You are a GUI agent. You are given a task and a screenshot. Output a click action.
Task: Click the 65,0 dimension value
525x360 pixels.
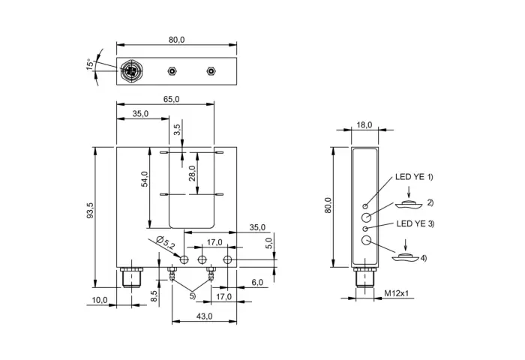point(172,100)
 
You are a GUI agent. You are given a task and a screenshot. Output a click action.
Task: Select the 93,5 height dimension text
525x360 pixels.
point(91,210)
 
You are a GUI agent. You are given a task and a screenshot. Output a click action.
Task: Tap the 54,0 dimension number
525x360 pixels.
point(144,178)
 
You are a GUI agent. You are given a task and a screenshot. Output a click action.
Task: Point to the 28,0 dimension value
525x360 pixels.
point(192,173)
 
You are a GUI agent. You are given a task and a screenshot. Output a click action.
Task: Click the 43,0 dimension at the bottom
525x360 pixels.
point(204,316)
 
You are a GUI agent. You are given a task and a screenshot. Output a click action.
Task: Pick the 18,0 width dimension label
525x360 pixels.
point(364,125)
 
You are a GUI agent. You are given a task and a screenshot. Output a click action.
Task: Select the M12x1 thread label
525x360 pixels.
point(397,294)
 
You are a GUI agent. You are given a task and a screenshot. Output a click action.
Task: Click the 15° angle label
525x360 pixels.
point(90,64)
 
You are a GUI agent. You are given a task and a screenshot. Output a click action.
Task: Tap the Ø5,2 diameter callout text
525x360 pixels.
point(166,243)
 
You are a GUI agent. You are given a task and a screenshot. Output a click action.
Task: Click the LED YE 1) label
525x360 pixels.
point(414,177)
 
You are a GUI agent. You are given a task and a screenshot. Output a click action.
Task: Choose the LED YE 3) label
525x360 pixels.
point(415,223)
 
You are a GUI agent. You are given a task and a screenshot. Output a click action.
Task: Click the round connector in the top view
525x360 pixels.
point(130,71)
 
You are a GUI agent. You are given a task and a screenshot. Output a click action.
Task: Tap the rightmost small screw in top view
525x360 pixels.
point(211,71)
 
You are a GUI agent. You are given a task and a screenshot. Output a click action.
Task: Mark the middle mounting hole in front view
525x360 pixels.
point(202,259)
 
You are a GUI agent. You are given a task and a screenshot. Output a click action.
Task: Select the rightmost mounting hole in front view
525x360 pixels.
point(228,259)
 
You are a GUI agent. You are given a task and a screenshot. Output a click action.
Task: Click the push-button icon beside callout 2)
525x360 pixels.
point(409,204)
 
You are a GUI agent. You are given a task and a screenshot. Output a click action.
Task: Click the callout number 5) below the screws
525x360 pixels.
point(193,296)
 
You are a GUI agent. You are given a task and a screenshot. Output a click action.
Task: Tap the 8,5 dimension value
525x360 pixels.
point(154,296)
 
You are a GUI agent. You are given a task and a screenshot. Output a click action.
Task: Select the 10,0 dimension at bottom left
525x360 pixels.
point(100,301)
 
